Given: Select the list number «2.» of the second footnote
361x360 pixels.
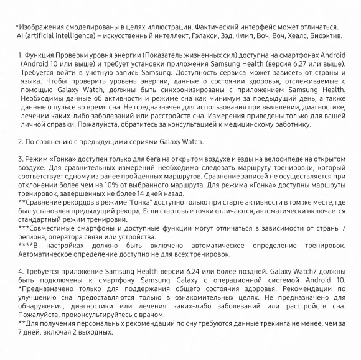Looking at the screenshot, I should [x=21, y=142].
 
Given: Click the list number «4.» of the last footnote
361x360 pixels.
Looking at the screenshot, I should [x=21, y=271].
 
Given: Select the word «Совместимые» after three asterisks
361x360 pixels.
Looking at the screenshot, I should [x=55, y=228].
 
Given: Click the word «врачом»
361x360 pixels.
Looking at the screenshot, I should [x=152, y=314].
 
